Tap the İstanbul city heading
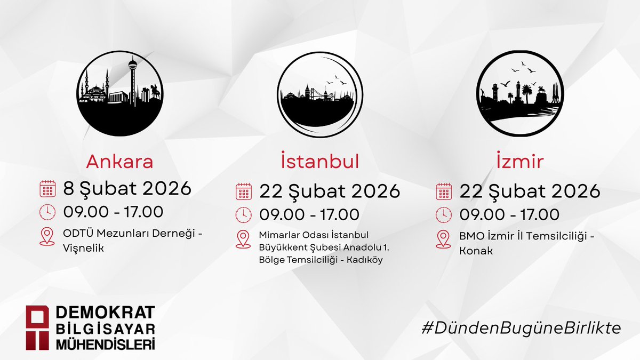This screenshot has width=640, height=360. (319, 162)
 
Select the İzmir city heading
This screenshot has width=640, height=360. (517, 162)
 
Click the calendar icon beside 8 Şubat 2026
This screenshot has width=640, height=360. (47, 189)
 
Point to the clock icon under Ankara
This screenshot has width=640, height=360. (47, 212)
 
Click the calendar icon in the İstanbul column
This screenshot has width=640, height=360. (244, 191)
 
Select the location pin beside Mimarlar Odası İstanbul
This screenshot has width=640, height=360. (244, 239)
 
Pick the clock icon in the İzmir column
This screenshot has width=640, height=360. (443, 214)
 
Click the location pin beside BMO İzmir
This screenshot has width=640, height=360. (443, 239)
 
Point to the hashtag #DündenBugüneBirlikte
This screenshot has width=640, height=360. (521, 328)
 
